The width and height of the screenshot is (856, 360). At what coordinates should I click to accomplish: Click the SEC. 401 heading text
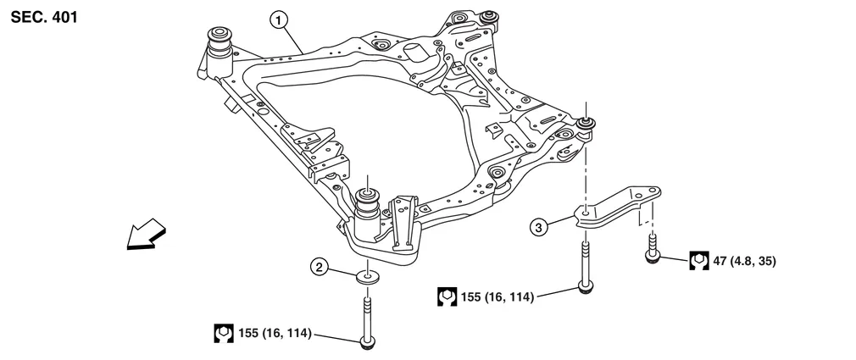pos(43,16)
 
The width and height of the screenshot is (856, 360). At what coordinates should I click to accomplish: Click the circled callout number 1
pos(277,18)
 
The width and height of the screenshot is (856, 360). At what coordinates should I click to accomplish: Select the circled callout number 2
pos(319,268)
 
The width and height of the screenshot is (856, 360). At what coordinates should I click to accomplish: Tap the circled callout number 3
pos(538,226)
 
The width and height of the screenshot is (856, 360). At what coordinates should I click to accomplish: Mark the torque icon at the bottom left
pos(223,334)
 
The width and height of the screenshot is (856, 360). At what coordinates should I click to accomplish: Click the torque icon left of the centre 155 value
pos(447,297)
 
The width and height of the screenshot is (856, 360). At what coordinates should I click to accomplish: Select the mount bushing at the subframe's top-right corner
pos(488,18)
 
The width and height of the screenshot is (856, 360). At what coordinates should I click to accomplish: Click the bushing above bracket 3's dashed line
pos(585,126)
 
